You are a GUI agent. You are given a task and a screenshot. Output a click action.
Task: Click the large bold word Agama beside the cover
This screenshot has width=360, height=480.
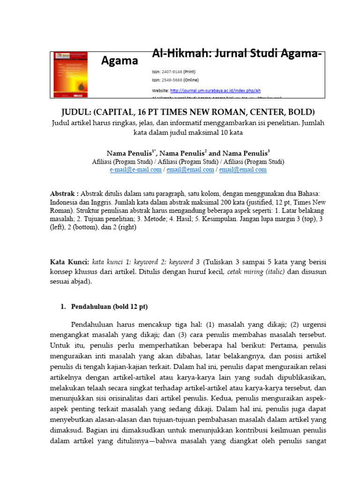coord(120,61)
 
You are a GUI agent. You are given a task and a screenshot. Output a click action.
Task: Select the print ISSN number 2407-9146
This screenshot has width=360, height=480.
coord(175,73)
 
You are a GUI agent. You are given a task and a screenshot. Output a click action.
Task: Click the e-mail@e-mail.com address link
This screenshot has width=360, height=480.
coord(135,170)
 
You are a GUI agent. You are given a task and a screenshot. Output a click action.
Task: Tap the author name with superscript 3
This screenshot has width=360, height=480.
coord(246,153)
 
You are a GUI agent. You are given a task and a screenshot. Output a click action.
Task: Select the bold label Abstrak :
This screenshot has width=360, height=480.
coord(65,194)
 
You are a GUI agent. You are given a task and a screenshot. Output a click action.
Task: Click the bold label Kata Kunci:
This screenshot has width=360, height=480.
coord(69,261)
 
